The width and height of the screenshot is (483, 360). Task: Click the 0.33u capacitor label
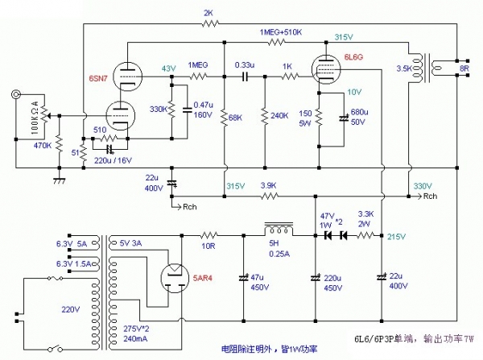(245, 64)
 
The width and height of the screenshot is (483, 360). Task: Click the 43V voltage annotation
(167, 68)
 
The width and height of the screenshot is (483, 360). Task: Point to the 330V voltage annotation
(421, 186)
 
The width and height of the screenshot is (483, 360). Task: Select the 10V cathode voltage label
(355, 93)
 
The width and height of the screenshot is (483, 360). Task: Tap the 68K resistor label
(236, 118)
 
